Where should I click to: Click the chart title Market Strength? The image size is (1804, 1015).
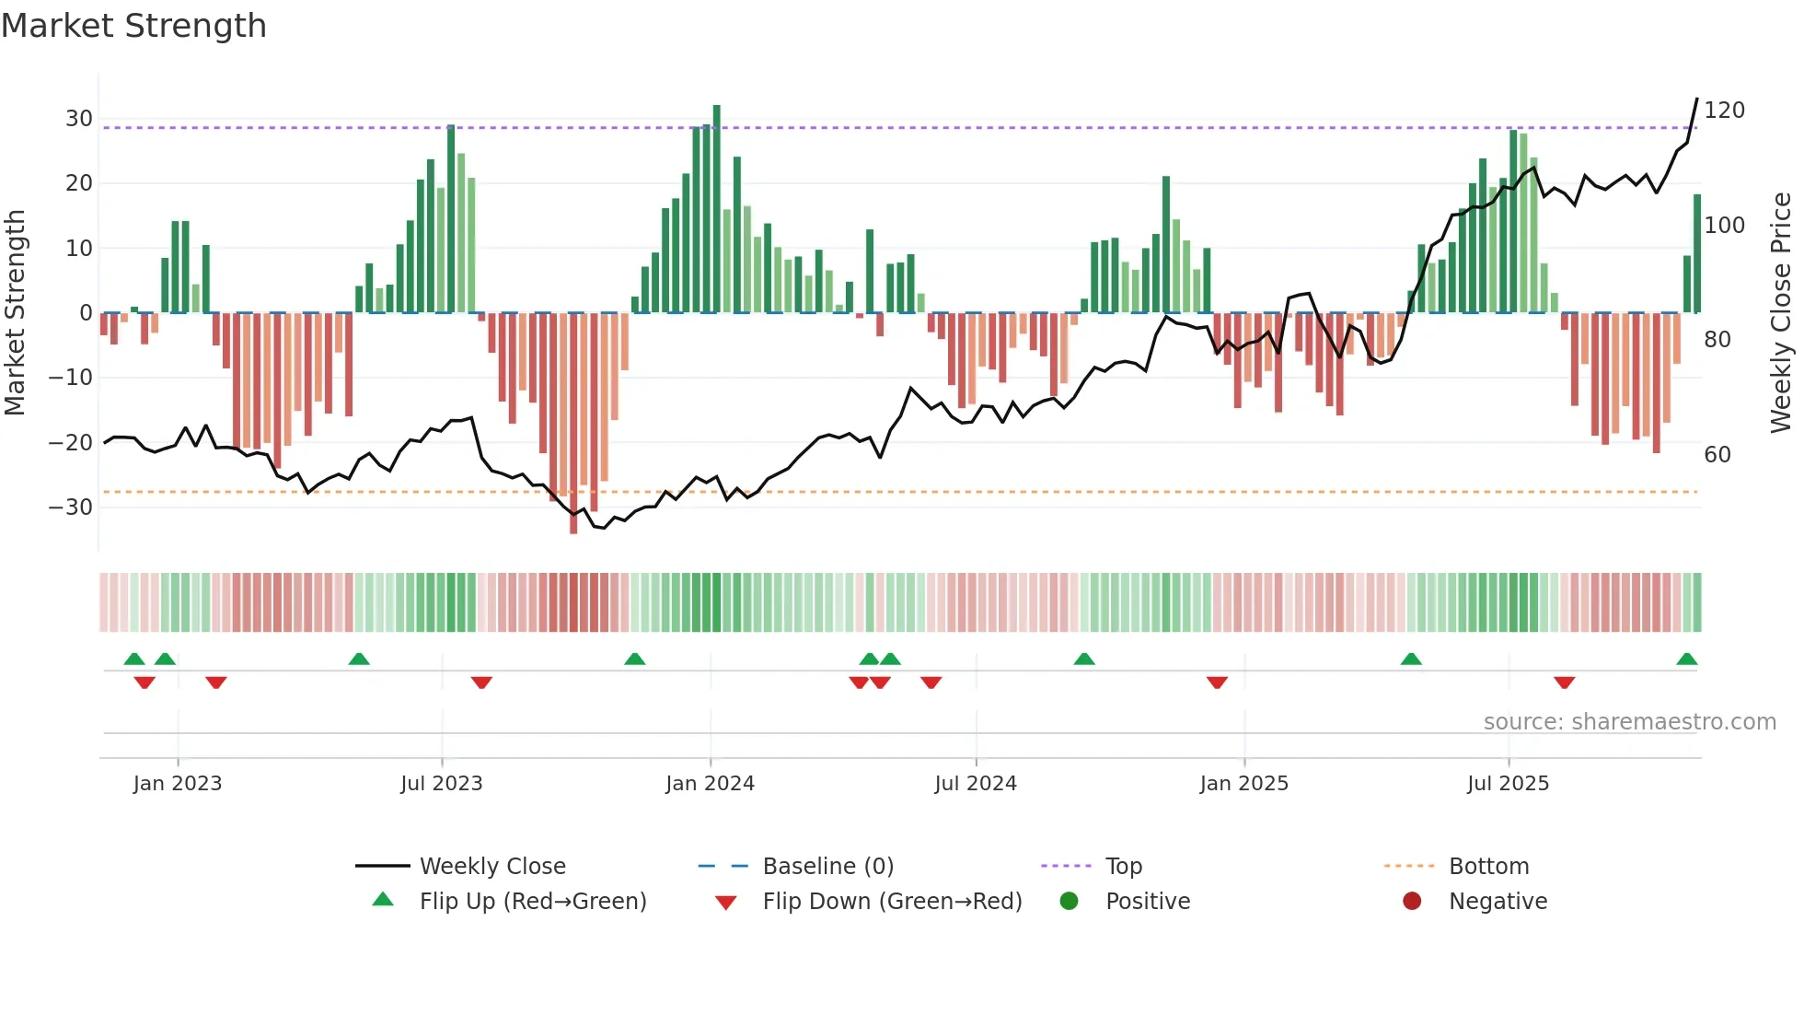point(133,26)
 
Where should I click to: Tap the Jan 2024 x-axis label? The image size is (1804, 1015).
point(710,784)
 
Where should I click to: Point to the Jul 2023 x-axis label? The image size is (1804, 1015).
point(441,784)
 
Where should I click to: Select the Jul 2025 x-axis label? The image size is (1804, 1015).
point(1508,784)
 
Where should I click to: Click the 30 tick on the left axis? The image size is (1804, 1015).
point(78,119)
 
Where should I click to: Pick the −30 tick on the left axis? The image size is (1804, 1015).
point(71,507)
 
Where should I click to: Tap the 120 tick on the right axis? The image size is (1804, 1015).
point(1724,111)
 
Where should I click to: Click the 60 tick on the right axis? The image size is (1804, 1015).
point(1717,455)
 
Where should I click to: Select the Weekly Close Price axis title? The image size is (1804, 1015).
point(1781,313)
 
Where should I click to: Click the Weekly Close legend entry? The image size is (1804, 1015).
point(492,867)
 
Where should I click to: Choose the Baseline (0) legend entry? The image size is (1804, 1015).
point(827,867)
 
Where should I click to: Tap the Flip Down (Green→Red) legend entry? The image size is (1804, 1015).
point(892,902)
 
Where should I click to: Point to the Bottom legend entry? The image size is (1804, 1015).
point(1488,867)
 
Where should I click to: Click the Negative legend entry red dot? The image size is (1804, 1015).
point(1412,902)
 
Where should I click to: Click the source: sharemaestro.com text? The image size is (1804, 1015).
point(1629,722)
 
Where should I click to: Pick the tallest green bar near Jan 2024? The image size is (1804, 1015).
point(717,208)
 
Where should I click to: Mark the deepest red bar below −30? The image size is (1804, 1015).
point(573,424)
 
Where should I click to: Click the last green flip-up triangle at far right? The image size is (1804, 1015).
point(1686,659)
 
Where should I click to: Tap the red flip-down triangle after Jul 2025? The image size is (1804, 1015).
point(1564,682)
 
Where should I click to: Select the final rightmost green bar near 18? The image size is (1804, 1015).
point(1697,253)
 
